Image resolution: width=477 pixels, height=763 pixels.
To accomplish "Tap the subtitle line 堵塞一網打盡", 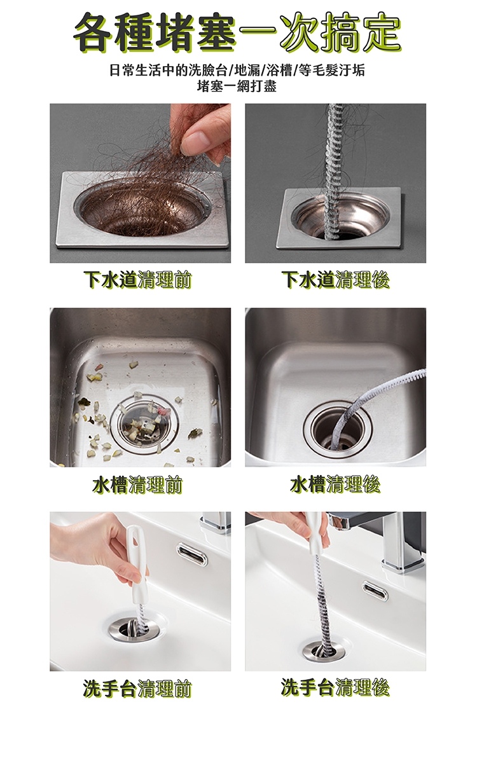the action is point(237,86).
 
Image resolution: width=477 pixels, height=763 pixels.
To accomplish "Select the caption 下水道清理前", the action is point(137,280).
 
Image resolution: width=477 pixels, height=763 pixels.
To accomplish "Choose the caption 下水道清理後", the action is point(335,280).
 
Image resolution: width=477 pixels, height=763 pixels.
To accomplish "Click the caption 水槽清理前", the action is point(137,485).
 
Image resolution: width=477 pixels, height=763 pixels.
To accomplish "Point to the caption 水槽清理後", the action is point(335,485).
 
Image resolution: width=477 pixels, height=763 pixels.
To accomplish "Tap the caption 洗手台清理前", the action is point(137,689).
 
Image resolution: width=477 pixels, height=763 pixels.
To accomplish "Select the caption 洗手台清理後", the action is point(335,687).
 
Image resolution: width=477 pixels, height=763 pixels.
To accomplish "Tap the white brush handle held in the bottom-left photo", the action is point(136,559).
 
